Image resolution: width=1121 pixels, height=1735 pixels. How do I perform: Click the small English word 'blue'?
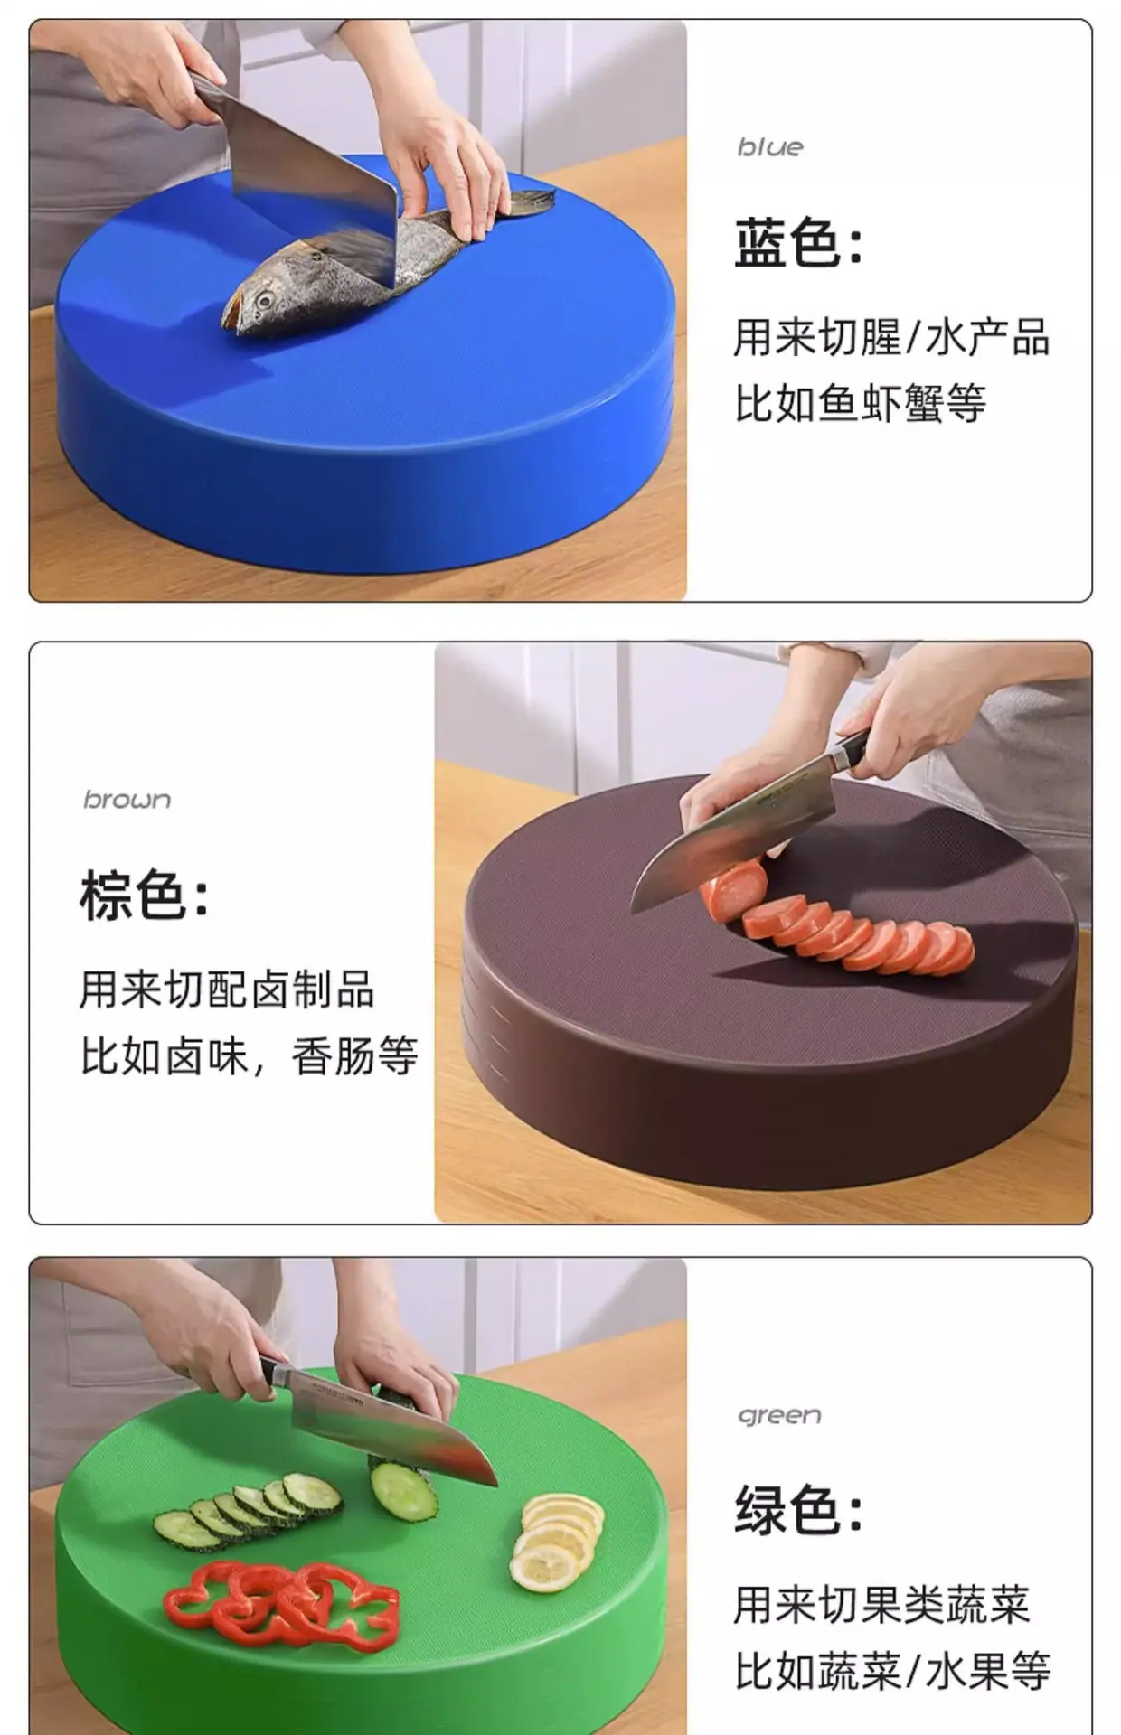click(770, 147)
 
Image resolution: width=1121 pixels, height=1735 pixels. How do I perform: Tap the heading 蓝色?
click(797, 243)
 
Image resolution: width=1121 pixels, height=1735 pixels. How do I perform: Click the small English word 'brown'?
click(127, 800)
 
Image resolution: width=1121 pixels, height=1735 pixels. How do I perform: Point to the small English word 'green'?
click(779, 1415)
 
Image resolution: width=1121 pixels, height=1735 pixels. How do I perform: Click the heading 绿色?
click(797, 1510)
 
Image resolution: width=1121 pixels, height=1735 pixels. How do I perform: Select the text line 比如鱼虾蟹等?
click(860, 403)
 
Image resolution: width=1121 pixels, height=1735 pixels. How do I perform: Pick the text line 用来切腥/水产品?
click(890, 337)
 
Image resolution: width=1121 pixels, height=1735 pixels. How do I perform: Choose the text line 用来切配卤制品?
click(227, 989)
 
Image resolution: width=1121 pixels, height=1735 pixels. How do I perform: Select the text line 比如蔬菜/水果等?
click(892, 1670)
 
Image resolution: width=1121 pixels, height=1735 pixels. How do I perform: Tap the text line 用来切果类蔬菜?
click(881, 1605)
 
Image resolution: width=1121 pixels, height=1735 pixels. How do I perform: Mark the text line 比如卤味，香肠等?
click(249, 1055)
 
